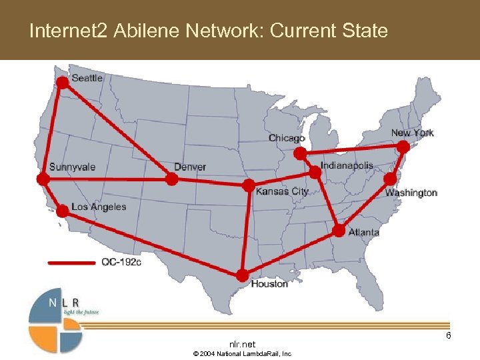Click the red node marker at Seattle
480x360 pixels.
click(x=62, y=82)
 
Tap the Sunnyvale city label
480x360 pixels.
click(x=72, y=167)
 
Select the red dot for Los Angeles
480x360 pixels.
click(x=62, y=211)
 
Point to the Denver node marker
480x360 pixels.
click(x=171, y=179)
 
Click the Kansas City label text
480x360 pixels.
click(x=282, y=191)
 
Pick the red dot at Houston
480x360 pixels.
click(x=242, y=275)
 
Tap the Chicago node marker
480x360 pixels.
click(x=301, y=153)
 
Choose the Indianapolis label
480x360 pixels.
click(x=347, y=165)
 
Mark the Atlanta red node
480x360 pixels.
click(x=339, y=231)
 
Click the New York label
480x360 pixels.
click(x=412, y=133)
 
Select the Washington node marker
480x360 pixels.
click(x=390, y=179)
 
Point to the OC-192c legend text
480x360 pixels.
click(x=121, y=262)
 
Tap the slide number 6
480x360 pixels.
click(x=449, y=335)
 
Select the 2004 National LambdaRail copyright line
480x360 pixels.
click(x=242, y=353)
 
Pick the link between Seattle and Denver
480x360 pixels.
click(x=117, y=131)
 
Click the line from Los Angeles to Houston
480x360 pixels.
click(x=152, y=243)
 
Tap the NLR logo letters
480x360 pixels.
click(x=63, y=303)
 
